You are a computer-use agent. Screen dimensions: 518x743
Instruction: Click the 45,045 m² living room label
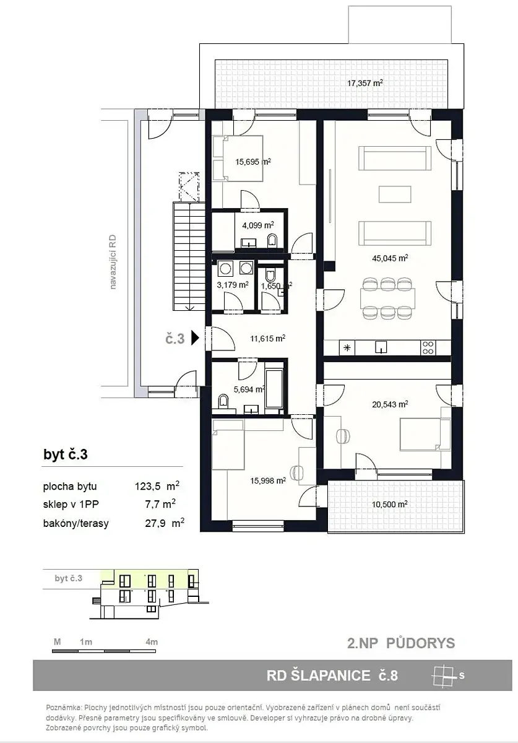point(390,258)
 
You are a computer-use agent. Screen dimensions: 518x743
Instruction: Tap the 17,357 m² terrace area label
point(365,83)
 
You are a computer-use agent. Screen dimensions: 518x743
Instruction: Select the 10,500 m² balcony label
point(390,504)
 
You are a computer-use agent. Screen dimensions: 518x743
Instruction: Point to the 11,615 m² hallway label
point(267,338)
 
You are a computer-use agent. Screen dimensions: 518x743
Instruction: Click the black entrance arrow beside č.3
point(196,338)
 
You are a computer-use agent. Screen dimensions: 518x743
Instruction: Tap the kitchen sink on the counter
point(381,347)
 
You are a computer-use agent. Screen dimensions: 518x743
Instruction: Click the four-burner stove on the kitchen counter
point(428,348)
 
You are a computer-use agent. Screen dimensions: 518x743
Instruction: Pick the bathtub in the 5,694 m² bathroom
point(274,388)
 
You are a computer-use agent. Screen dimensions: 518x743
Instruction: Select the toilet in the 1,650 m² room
point(270,276)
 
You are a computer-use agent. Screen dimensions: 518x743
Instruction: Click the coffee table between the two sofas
point(395,194)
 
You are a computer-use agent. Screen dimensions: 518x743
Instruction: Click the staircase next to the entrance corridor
point(189,256)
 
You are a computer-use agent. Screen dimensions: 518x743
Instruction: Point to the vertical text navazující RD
point(113,262)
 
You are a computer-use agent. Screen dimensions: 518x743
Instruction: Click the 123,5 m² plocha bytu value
point(157,486)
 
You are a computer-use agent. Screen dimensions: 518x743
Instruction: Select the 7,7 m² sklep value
point(160,504)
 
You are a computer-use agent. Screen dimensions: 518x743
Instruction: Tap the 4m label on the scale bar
point(152,642)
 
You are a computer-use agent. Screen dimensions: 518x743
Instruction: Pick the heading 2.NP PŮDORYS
point(401,643)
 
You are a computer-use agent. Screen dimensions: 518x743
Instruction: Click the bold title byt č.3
point(66,454)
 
